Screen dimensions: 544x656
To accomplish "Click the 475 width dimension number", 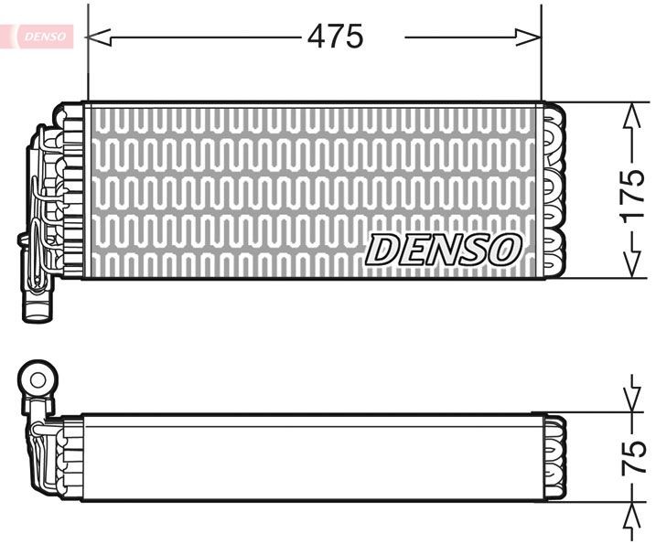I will [x=335, y=37].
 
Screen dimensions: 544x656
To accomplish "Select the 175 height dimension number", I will [x=631, y=193].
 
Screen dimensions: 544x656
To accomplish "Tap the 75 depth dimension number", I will [x=632, y=456].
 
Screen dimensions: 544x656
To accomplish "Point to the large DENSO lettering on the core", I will [x=445, y=249].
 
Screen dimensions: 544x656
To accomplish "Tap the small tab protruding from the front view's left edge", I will [x=22, y=240].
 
